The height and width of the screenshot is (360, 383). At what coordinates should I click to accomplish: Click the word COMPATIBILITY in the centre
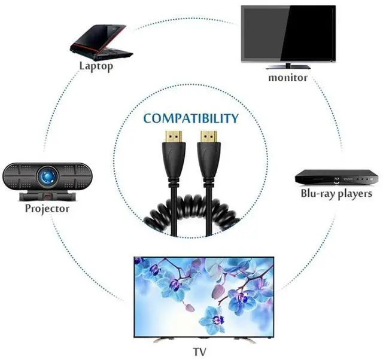tap(191, 118)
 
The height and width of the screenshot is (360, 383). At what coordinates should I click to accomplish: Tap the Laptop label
tap(96, 66)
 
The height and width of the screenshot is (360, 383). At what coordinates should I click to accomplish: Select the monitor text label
tap(287, 78)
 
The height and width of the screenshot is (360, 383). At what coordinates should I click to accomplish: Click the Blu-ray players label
tap(336, 193)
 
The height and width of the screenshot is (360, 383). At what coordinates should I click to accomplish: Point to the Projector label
tap(47, 209)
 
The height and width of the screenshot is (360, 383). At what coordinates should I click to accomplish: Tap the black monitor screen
tap(288, 32)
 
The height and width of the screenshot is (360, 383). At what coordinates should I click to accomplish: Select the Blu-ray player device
tap(336, 178)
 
